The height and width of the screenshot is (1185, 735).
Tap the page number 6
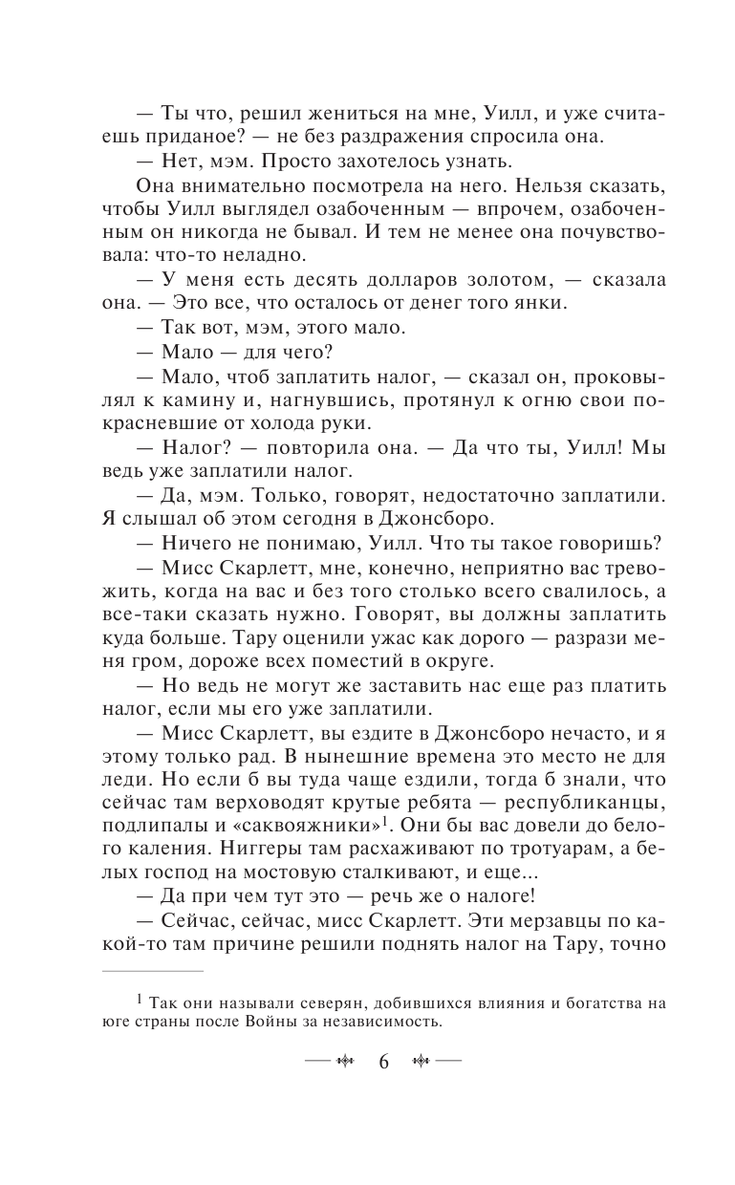tap(383, 1062)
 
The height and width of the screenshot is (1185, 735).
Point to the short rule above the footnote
tap(152, 972)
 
